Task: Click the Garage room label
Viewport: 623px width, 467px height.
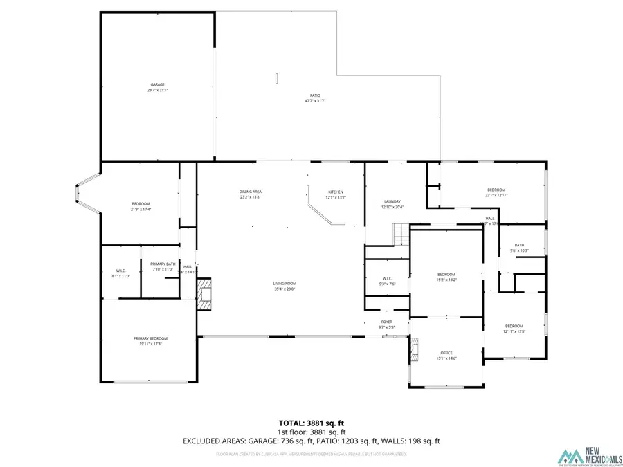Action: click(x=156, y=84)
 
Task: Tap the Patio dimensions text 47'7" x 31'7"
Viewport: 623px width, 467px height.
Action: click(x=315, y=101)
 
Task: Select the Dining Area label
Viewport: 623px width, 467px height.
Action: click(x=250, y=192)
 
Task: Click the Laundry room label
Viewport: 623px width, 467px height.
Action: click(x=392, y=201)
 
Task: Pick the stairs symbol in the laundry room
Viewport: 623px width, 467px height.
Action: click(x=401, y=235)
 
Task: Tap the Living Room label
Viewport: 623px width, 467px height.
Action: click(x=285, y=283)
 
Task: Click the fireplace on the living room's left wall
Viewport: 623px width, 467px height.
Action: click(x=206, y=294)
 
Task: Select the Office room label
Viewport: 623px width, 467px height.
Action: click(x=446, y=353)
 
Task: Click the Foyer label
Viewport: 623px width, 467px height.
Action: click(x=386, y=322)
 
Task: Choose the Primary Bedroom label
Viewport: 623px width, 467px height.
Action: click(x=150, y=338)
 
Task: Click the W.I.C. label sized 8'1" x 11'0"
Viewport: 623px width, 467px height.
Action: click(x=120, y=271)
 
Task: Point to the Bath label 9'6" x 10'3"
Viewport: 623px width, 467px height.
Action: click(x=519, y=245)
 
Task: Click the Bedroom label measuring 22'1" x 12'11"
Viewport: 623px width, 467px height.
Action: click(x=496, y=190)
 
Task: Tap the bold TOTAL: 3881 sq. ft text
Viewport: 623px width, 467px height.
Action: click(x=311, y=422)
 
